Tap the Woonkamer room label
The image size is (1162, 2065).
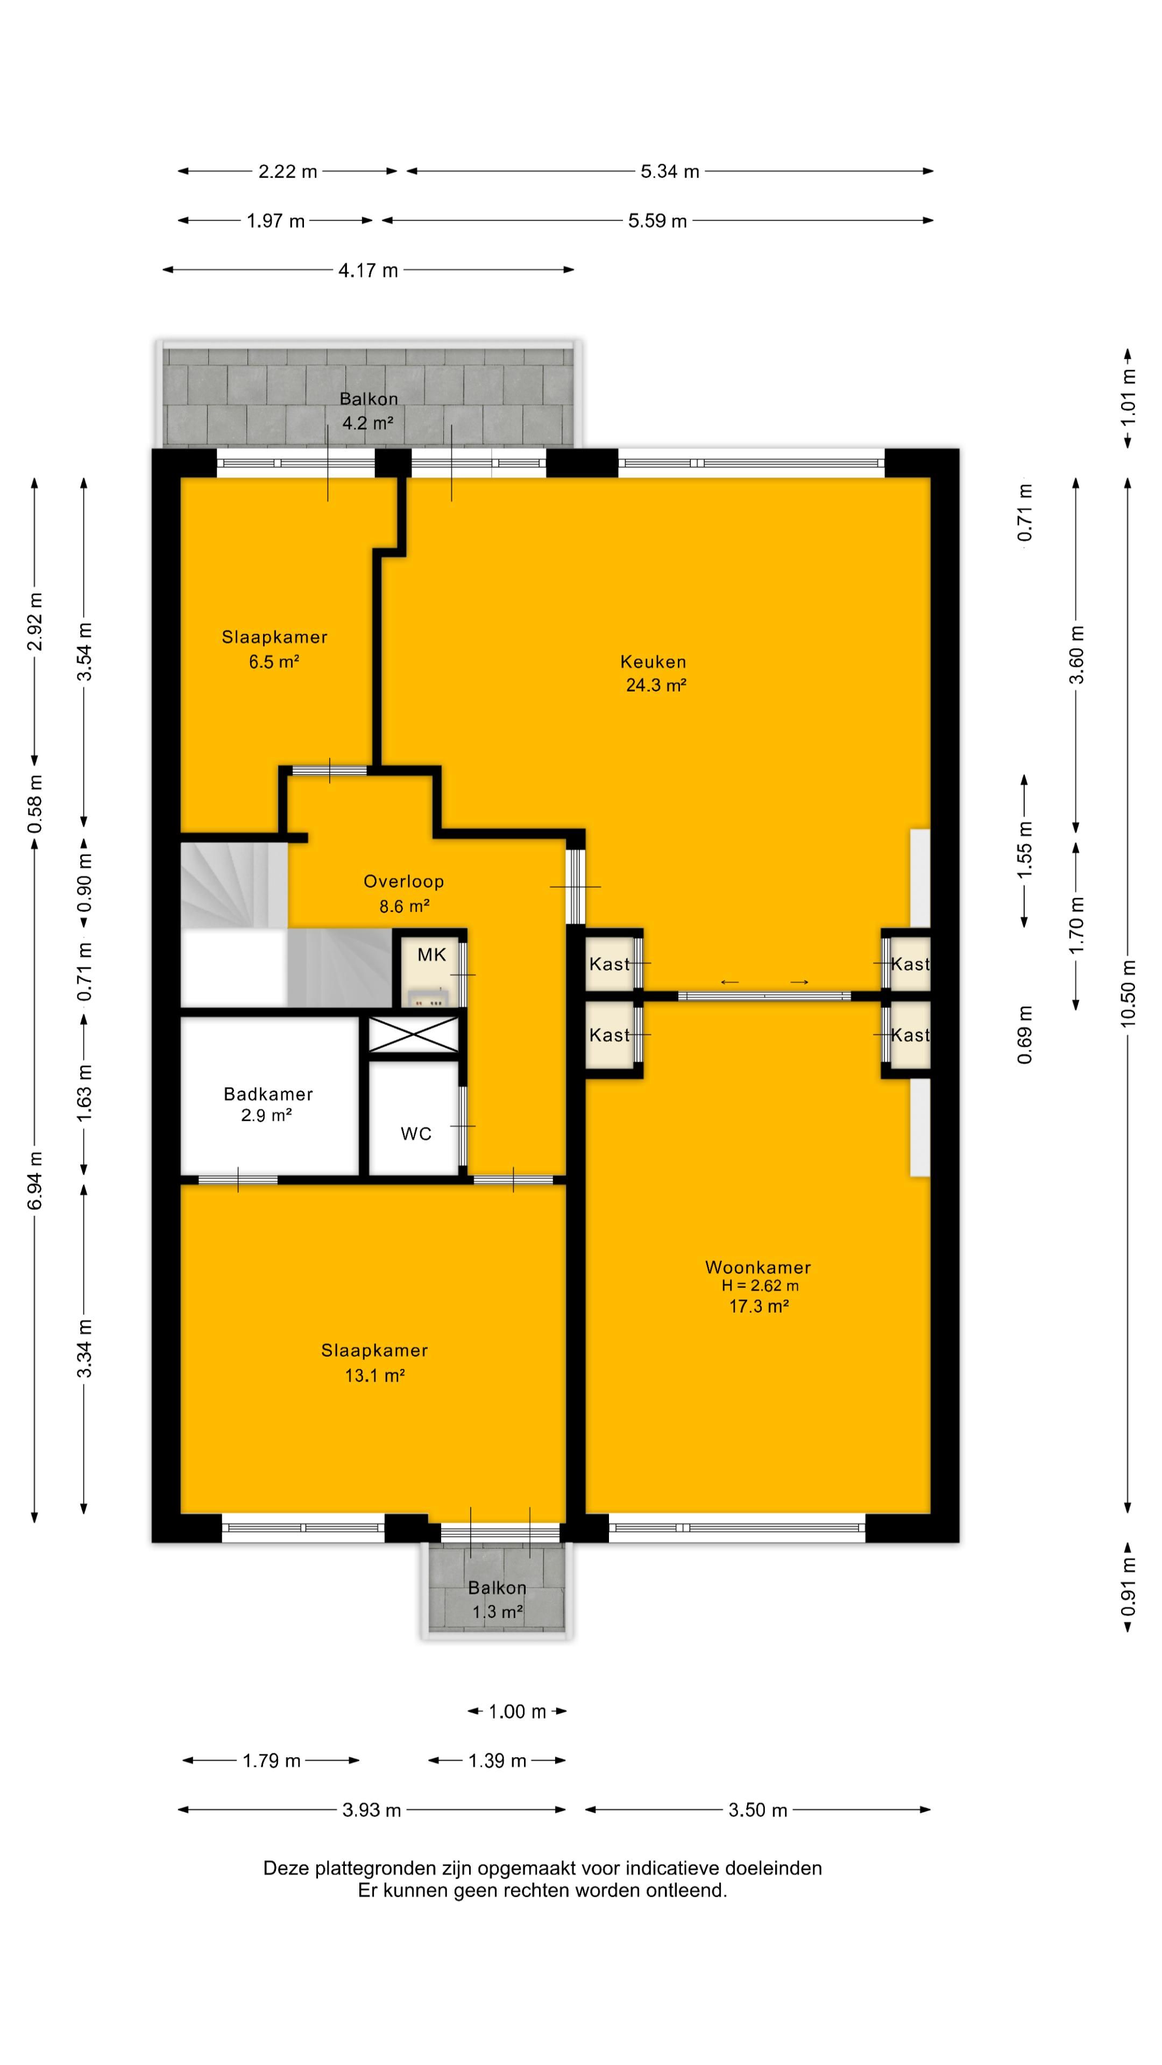click(758, 1268)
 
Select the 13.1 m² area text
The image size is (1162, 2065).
click(374, 1376)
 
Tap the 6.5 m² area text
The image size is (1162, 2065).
click(274, 661)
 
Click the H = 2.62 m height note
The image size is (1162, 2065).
click(760, 1286)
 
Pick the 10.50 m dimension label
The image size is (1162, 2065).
click(1128, 993)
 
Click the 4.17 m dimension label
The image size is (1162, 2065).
click(368, 270)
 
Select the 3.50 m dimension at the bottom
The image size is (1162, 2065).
click(758, 1810)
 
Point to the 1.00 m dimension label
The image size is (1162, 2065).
click(517, 1712)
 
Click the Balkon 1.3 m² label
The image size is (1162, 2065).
click(497, 1599)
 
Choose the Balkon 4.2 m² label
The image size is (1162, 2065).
click(368, 410)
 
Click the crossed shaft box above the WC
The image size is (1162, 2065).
click(413, 1034)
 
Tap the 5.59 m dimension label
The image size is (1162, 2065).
click(657, 220)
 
